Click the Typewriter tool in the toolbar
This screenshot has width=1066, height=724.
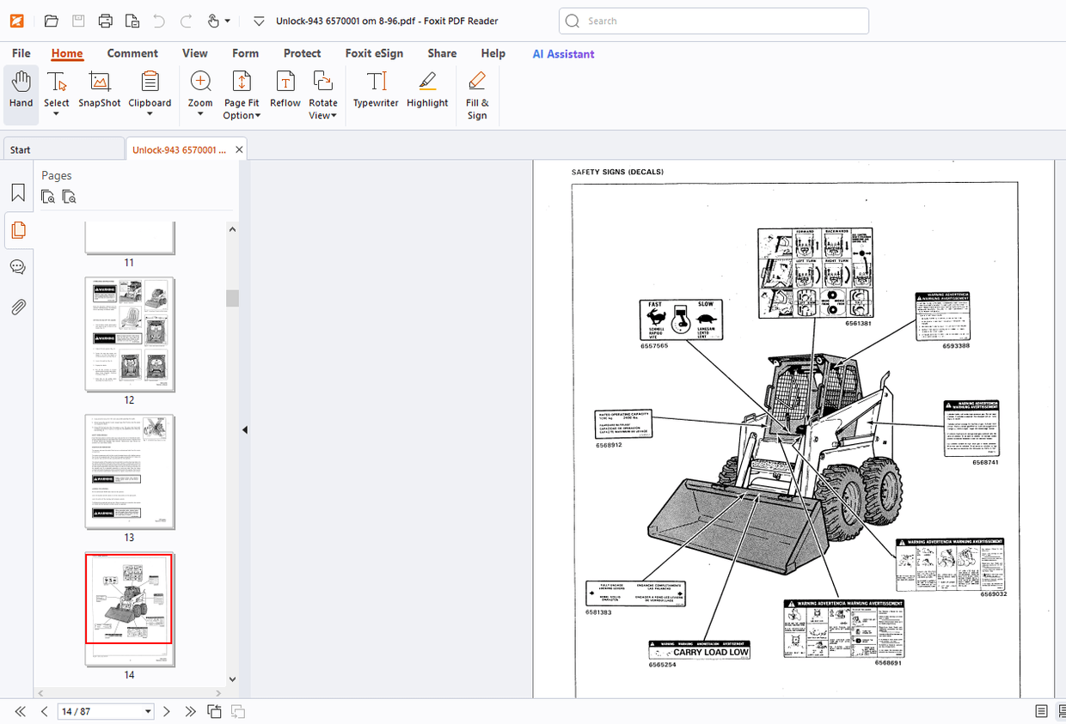pos(376,90)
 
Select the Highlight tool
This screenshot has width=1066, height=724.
pos(427,90)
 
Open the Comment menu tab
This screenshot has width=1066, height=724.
pos(132,53)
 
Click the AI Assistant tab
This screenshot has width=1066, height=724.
pos(563,53)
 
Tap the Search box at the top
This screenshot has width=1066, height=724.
pos(714,21)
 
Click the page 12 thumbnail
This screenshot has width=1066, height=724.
pos(130,334)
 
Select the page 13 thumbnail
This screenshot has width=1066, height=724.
pos(130,472)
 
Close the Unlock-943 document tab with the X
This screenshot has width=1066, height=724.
pos(240,149)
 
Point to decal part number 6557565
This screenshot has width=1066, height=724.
pos(653,345)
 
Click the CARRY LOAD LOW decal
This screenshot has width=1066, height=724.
pos(700,651)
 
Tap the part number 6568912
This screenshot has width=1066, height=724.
pos(609,445)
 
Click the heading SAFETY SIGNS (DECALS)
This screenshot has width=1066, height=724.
pos(617,172)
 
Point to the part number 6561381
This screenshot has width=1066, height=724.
pos(858,324)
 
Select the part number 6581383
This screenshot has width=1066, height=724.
pos(599,611)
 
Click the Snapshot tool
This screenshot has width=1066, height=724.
pos(100,90)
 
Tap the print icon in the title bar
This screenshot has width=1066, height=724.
pos(105,21)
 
